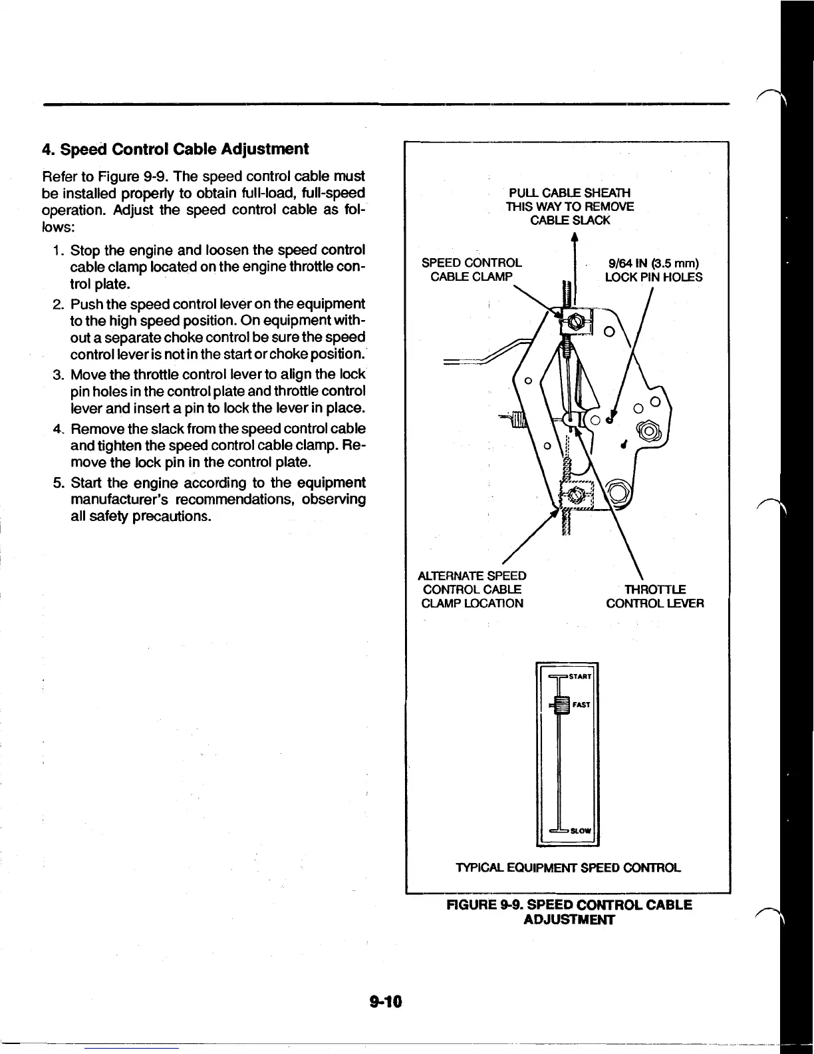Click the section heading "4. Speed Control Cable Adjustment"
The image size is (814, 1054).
(x=175, y=148)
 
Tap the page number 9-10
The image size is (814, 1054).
(x=389, y=1001)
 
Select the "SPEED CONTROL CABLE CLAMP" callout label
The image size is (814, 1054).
(x=472, y=269)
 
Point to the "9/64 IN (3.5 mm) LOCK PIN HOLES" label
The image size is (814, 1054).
(x=653, y=269)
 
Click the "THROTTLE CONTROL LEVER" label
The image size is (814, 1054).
(x=654, y=596)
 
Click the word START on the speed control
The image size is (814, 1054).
(x=581, y=677)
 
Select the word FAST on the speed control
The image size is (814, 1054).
(x=581, y=704)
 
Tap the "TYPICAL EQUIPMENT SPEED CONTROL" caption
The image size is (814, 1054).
(x=568, y=868)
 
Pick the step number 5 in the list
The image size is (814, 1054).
(x=58, y=482)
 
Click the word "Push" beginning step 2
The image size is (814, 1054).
(x=84, y=304)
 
